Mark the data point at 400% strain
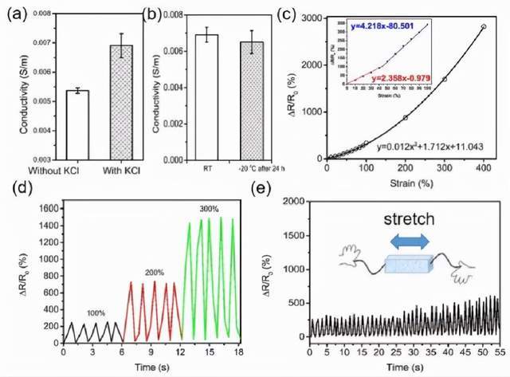tap(484, 26)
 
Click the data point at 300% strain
tap(445, 80)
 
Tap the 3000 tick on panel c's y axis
tap(315, 17)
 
